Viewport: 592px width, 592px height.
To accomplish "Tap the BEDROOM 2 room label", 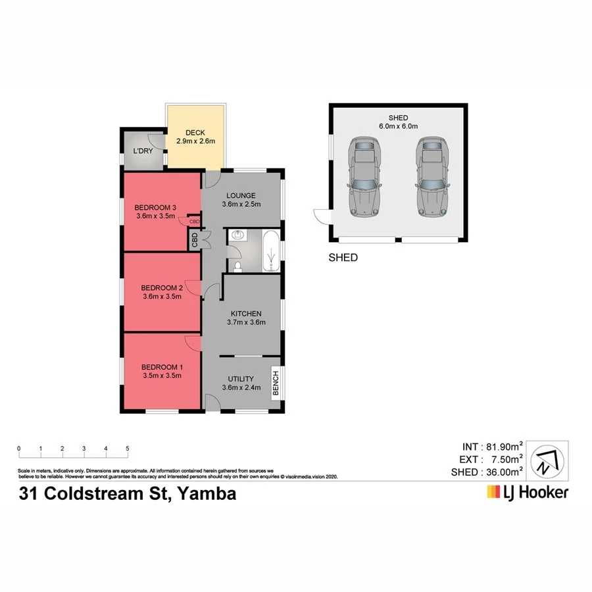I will pyautogui.click(x=161, y=287).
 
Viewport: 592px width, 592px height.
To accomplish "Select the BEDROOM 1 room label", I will pyautogui.click(x=161, y=367).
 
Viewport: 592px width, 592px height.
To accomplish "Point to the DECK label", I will pyautogui.click(x=195, y=133).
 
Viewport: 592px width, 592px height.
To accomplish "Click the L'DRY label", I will pyautogui.click(x=143, y=151).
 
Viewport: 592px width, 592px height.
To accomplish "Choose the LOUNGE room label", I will pyautogui.click(x=241, y=195).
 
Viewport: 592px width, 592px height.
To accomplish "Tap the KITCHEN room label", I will pyautogui.click(x=246, y=313).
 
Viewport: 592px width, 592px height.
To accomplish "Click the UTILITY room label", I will pyautogui.click(x=241, y=379).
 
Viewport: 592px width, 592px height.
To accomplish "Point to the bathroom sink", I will pyautogui.click(x=237, y=235).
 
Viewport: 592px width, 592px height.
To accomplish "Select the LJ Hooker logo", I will pyautogui.click(x=526, y=492).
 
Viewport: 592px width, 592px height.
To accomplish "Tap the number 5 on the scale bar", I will pyautogui.click(x=127, y=449).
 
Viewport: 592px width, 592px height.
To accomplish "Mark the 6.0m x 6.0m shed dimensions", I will pyautogui.click(x=399, y=126).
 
